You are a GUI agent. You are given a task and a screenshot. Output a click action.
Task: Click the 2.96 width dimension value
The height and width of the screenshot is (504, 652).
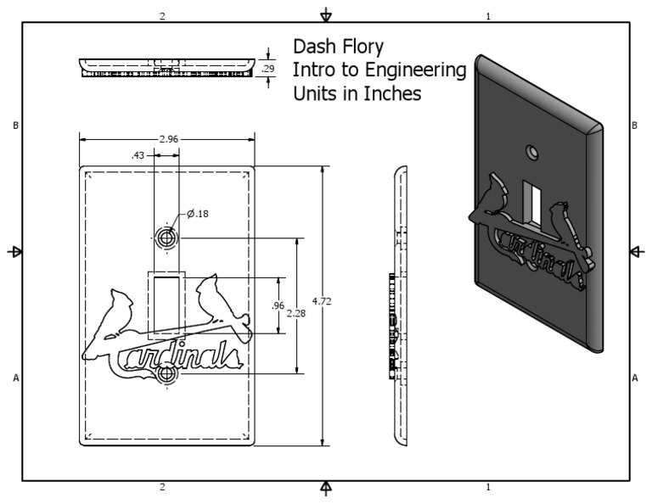(x=167, y=137)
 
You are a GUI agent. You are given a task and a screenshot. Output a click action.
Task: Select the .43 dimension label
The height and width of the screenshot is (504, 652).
(x=137, y=155)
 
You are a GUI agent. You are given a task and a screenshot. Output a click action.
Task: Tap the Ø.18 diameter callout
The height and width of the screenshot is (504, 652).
(x=197, y=213)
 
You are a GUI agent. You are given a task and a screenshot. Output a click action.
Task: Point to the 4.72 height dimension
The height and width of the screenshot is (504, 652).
(x=322, y=302)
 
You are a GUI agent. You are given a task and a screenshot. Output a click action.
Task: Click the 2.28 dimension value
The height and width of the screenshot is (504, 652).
(x=296, y=313)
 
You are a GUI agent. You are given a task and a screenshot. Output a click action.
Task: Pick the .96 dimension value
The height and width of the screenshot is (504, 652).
(x=276, y=305)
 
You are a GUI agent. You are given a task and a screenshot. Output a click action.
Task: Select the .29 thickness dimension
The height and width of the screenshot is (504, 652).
(x=269, y=68)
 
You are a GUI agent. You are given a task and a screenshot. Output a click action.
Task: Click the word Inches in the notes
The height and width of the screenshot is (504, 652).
(x=393, y=94)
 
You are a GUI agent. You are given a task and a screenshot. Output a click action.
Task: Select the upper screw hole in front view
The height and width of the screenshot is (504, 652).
(x=166, y=238)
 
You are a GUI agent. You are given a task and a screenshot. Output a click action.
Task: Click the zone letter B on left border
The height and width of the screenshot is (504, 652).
(x=15, y=126)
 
